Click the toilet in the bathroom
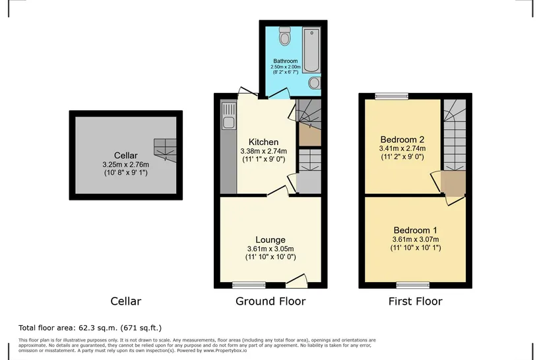coord(284,36)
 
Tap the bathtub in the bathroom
coord(311,50)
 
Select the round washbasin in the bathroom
coord(314,83)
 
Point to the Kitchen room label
coord(264,142)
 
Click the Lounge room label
coord(270,239)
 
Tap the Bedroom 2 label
coord(402,139)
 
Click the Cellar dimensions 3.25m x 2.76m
coord(126,165)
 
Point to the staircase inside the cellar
coord(165,150)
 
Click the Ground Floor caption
coord(270,301)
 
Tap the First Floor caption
coord(416,301)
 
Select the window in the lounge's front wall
coord(249,285)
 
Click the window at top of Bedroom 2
coord(392,96)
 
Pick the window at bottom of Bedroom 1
coord(413,285)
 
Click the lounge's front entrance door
coord(297,281)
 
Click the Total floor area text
coord(90,328)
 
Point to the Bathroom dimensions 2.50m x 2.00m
coord(286,67)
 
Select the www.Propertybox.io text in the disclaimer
coord(225,350)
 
